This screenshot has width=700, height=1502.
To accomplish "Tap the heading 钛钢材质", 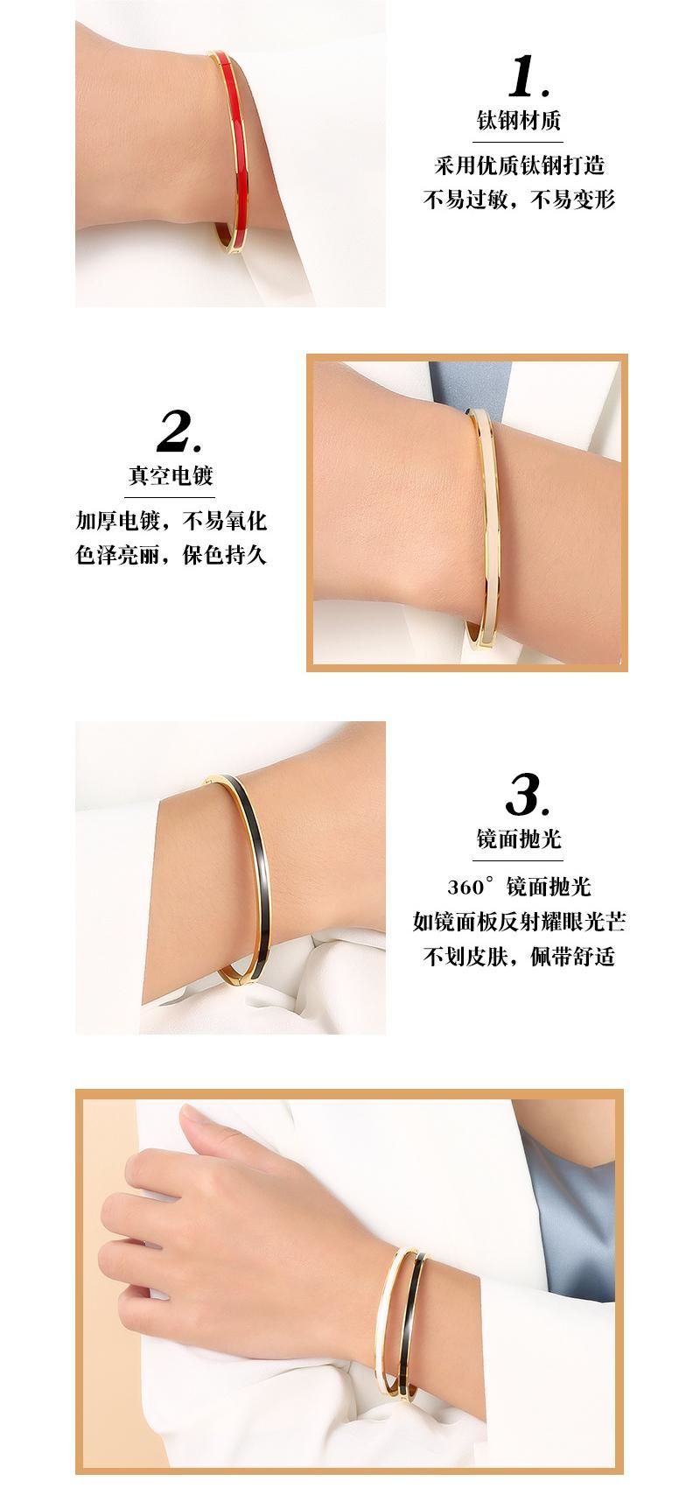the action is coord(519,120).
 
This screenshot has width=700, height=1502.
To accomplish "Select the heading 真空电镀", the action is coord(171,475).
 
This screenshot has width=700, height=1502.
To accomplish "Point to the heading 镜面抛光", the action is coord(519,838).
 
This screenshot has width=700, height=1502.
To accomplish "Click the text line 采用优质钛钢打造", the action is coord(520,165).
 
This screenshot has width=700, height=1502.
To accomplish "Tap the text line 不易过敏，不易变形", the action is coord(520,200).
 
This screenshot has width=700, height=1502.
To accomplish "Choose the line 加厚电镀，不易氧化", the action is coord(171,522).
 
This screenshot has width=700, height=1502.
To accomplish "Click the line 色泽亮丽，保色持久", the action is coord(171,555).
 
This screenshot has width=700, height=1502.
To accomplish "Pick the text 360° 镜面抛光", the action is coord(520,887).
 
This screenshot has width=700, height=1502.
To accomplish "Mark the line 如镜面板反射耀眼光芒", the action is coord(520,921).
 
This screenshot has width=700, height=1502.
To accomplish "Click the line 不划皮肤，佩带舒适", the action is coord(520,956).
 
